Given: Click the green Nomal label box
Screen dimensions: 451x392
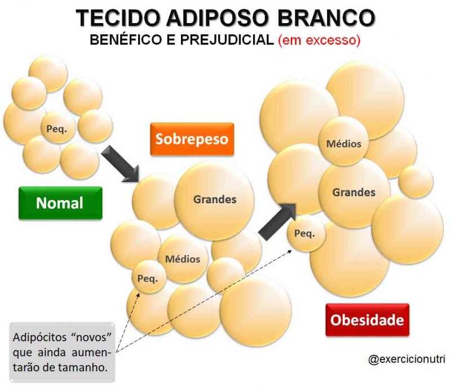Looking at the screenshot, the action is (x=60, y=203).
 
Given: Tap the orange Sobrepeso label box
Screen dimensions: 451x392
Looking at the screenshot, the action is (x=192, y=139).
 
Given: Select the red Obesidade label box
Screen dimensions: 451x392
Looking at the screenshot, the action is (x=368, y=320).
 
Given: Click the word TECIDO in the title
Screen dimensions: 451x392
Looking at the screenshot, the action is (x=118, y=18).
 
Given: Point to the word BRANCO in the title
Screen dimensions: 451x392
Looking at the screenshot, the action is (x=326, y=18).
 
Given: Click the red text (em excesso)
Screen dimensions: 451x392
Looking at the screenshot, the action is (x=319, y=39).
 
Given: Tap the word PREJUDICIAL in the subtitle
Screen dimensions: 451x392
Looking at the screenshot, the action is (x=227, y=39).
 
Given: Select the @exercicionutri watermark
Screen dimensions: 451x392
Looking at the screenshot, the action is (x=406, y=359).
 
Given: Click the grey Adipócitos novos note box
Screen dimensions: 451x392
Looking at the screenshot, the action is (x=62, y=353).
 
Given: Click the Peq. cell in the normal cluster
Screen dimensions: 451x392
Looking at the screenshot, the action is (x=59, y=127).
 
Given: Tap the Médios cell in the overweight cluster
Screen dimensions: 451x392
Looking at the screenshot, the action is (x=183, y=259).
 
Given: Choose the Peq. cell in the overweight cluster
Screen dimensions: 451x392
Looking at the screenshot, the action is (x=149, y=277).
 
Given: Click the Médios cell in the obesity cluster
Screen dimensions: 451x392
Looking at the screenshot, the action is (x=343, y=141).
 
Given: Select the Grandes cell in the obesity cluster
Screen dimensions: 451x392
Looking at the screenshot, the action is (x=355, y=193).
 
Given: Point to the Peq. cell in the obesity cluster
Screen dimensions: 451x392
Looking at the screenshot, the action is (x=306, y=233).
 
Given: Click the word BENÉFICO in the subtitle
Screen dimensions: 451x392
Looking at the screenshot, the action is (x=126, y=39).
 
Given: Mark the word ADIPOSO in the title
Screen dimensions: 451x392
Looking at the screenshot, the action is (x=218, y=18).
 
